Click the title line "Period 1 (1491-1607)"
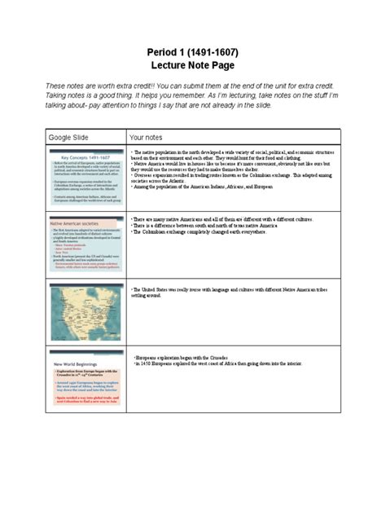(193, 53)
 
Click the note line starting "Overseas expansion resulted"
(228, 175)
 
